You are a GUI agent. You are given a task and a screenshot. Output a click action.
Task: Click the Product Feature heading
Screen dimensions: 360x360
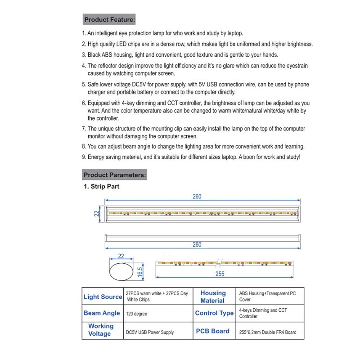pos(109,20)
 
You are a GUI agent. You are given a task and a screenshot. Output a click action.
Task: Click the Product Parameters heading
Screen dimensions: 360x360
pos(115,175)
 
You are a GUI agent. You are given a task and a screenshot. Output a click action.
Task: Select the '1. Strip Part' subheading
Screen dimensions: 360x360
pos(102,186)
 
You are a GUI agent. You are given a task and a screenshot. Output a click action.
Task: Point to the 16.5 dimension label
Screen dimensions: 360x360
pos(139,271)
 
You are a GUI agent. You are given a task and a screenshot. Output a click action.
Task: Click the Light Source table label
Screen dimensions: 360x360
pos(103,297)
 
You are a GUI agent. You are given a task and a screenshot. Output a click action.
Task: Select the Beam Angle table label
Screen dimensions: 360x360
pos(102,313)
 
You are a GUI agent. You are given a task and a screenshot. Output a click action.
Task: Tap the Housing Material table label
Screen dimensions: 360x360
pos(213,297)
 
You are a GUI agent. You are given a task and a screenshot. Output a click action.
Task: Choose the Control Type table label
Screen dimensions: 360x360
pos(214,313)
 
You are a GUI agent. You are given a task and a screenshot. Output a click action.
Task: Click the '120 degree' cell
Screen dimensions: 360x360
pos(138,314)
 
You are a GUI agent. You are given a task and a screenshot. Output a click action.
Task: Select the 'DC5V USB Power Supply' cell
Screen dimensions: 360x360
pos(150,333)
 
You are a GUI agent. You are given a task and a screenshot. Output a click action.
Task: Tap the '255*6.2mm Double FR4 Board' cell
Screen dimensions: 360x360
pos(268,333)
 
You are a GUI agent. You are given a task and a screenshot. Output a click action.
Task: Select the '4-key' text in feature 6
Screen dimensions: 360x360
pos(127,103)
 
